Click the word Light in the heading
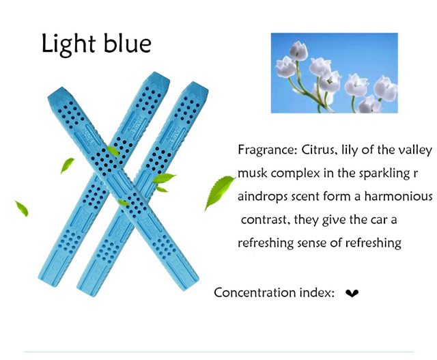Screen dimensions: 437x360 click(69, 44)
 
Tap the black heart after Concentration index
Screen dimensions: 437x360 click(352, 293)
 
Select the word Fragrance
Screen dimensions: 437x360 click(268, 150)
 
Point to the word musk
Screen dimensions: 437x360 click(252, 174)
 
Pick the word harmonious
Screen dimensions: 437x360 click(399, 196)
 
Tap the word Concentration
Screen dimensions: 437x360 click(255, 292)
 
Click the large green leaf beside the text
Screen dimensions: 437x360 click(219, 193)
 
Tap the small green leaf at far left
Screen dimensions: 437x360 click(22, 208)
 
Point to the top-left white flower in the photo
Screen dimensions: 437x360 click(298, 51)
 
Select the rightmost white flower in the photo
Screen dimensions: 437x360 click(386, 89)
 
